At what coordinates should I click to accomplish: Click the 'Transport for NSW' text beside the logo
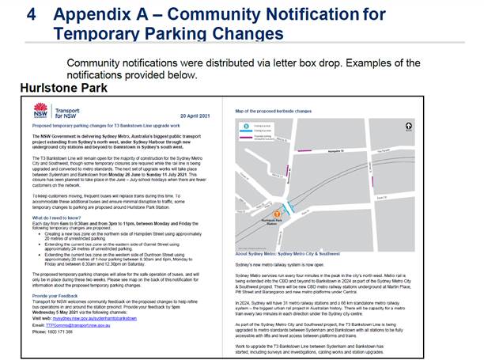tap(66, 112)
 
